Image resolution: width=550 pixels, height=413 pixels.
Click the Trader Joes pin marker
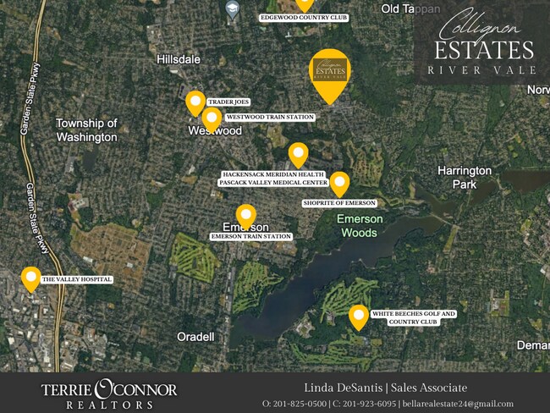pos(195,103)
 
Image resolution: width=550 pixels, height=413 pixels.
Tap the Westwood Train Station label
pos(269,117)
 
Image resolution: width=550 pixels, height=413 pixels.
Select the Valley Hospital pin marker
pos(31,278)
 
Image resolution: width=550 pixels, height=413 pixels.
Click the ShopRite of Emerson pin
pos(339,184)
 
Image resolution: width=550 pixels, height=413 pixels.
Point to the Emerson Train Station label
pos(251,237)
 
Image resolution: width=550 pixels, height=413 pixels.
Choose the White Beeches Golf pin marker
pos(359,317)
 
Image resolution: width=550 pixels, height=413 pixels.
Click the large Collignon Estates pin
pos(330,72)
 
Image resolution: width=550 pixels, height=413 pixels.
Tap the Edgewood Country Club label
pos(304,17)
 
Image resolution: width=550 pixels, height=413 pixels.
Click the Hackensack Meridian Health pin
pos(298,155)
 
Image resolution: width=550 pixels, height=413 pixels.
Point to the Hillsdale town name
pos(179,59)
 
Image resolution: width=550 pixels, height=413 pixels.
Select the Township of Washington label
pos(86,129)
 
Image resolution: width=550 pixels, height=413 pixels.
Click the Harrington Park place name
pos(464,177)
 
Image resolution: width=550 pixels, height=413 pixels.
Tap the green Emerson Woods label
pos(360,225)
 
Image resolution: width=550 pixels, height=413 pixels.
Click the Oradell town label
pos(195,336)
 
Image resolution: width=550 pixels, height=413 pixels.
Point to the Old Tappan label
pos(410,8)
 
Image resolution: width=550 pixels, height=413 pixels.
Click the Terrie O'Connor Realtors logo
pos(109,394)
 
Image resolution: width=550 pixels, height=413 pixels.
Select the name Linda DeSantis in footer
pos(341,388)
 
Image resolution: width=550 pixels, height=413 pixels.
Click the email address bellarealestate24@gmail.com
pos(457,404)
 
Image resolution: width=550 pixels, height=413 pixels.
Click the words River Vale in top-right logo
pos(481,69)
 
